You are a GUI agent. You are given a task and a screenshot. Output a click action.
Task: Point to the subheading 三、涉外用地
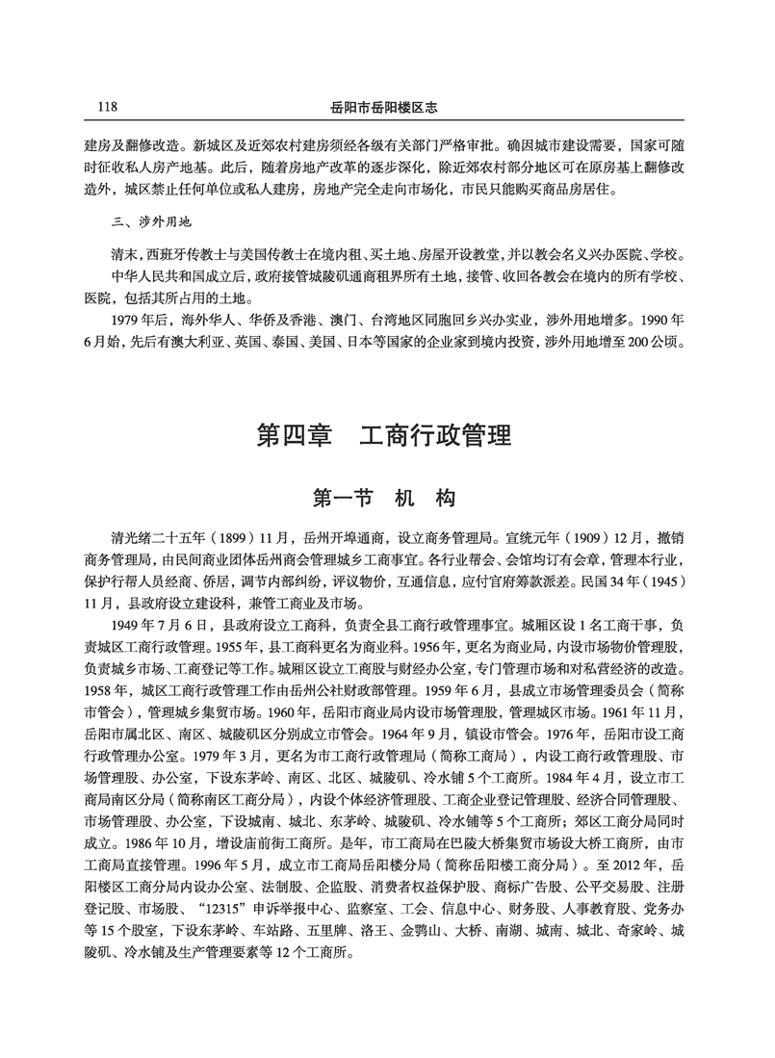[x=152, y=222]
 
